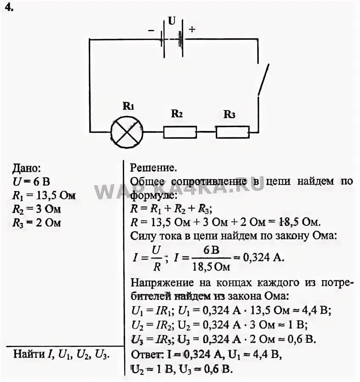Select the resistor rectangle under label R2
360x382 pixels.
click(180, 132)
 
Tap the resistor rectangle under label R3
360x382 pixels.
click(232, 132)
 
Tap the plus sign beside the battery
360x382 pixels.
click(192, 29)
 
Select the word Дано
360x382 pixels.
click(27, 168)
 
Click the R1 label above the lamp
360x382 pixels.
click(128, 107)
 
